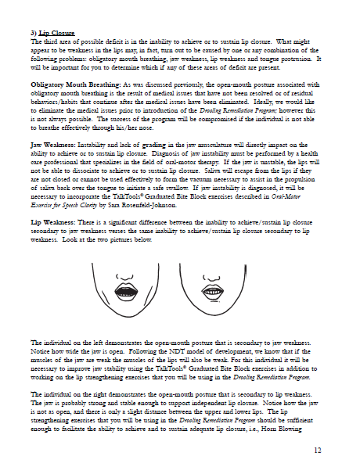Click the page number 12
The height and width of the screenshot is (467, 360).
[337, 451]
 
